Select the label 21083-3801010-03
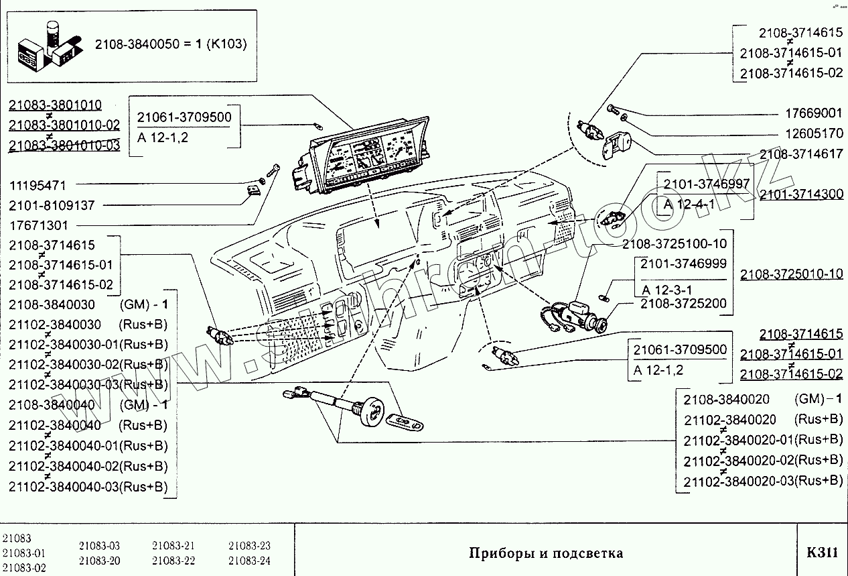pyautogui.click(x=64, y=146)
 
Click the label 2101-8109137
pyautogui.click(x=52, y=205)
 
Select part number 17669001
pyautogui.click(x=814, y=113)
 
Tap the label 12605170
pyautogui.click(x=814, y=133)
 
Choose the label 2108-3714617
pyautogui.click(x=801, y=154)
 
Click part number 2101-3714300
pyautogui.click(x=801, y=194)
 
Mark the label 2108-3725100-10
pyautogui.click(x=674, y=243)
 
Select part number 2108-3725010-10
pyautogui.click(x=791, y=274)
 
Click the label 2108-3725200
pyautogui.click(x=683, y=304)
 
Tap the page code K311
pyautogui.click(x=822, y=553)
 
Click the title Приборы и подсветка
pyautogui.click(x=546, y=553)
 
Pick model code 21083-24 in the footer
pyautogui.click(x=249, y=561)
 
